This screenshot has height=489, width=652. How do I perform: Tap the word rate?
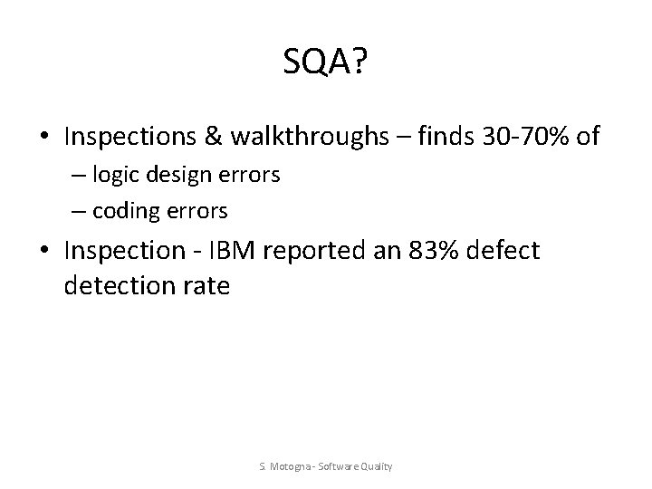[206, 287]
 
